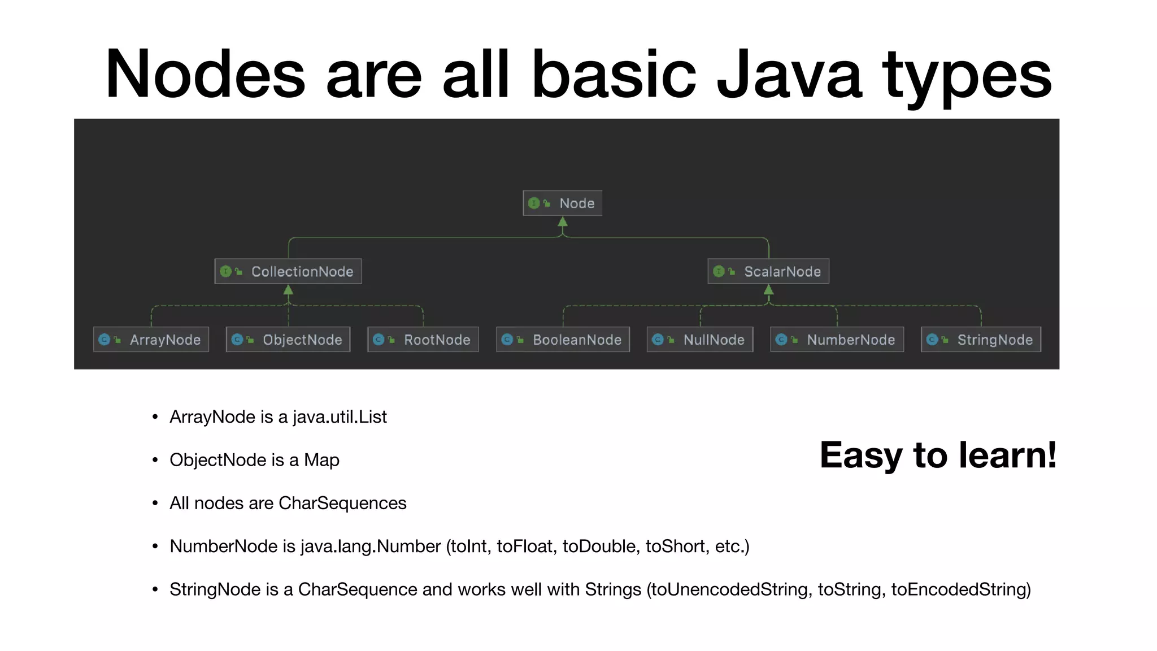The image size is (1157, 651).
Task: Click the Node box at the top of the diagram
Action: point(563,203)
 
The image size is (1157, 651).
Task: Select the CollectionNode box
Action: point(288,272)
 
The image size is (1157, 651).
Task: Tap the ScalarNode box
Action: point(768,272)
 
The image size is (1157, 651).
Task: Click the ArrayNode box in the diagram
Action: point(151,340)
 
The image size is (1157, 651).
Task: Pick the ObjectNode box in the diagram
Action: point(288,340)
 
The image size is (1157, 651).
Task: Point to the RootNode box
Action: point(423,340)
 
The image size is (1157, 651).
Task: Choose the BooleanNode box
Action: point(563,340)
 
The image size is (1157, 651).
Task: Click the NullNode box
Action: point(700,340)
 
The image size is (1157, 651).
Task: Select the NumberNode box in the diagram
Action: point(837,340)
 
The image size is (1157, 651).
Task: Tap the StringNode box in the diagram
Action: point(981,340)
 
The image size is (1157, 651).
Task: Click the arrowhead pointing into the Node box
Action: point(563,222)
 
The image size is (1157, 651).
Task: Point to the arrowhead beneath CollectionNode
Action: point(288,290)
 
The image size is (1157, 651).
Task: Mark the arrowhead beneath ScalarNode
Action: point(768,290)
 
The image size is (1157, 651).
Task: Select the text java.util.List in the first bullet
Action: point(340,417)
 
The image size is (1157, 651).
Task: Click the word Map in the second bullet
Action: point(321,460)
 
